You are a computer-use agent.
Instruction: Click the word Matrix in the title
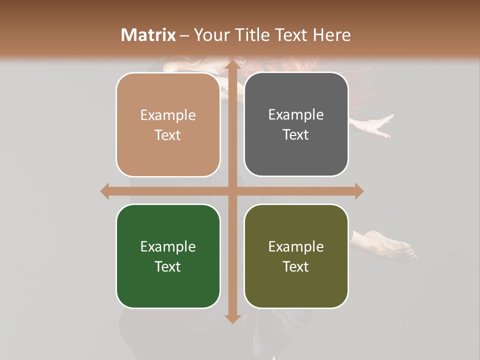[148, 35]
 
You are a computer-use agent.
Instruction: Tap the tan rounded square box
[168, 125]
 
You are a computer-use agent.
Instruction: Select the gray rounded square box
[296, 124]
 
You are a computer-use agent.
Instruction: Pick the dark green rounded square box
[168, 256]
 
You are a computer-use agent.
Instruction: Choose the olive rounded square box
[296, 256]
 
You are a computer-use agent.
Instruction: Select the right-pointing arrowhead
[358, 191]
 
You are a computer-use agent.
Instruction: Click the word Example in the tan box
[168, 115]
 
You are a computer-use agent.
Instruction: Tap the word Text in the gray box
[296, 135]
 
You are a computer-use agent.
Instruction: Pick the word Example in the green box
[168, 246]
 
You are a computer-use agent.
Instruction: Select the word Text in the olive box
[296, 266]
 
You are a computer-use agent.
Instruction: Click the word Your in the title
[209, 35]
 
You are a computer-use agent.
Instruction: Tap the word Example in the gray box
[296, 115]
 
